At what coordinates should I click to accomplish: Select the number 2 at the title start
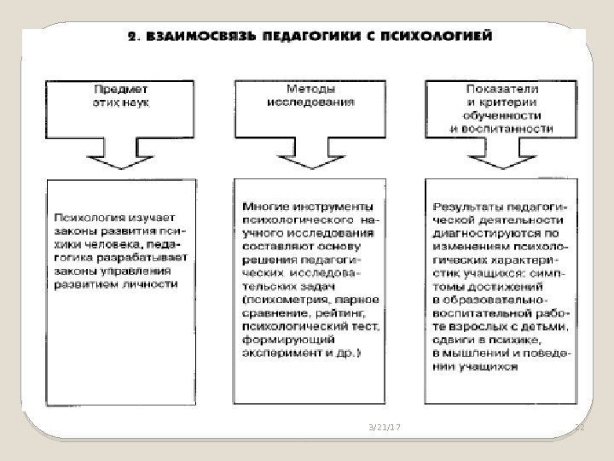click(132, 37)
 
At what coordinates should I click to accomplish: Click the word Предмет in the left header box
click(119, 87)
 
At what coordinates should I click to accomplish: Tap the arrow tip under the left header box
click(119, 166)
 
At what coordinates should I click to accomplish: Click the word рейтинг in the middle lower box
click(352, 312)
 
